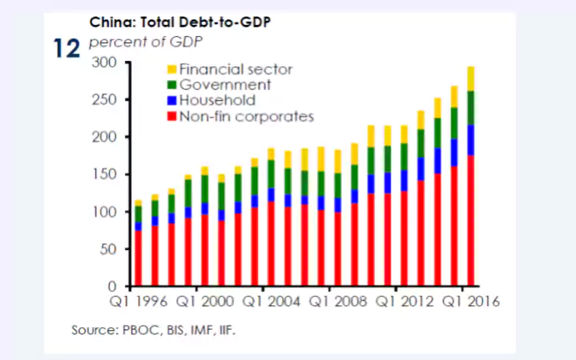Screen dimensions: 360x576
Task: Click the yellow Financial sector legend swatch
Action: pyautogui.click(x=171, y=70)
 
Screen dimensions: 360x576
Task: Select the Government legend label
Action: pyautogui.click(x=226, y=85)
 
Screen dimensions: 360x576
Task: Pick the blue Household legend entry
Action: pyautogui.click(x=171, y=101)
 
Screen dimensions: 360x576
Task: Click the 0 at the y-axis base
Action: pyautogui.click(x=113, y=286)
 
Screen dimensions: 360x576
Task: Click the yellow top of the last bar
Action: pyautogui.click(x=471, y=79)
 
